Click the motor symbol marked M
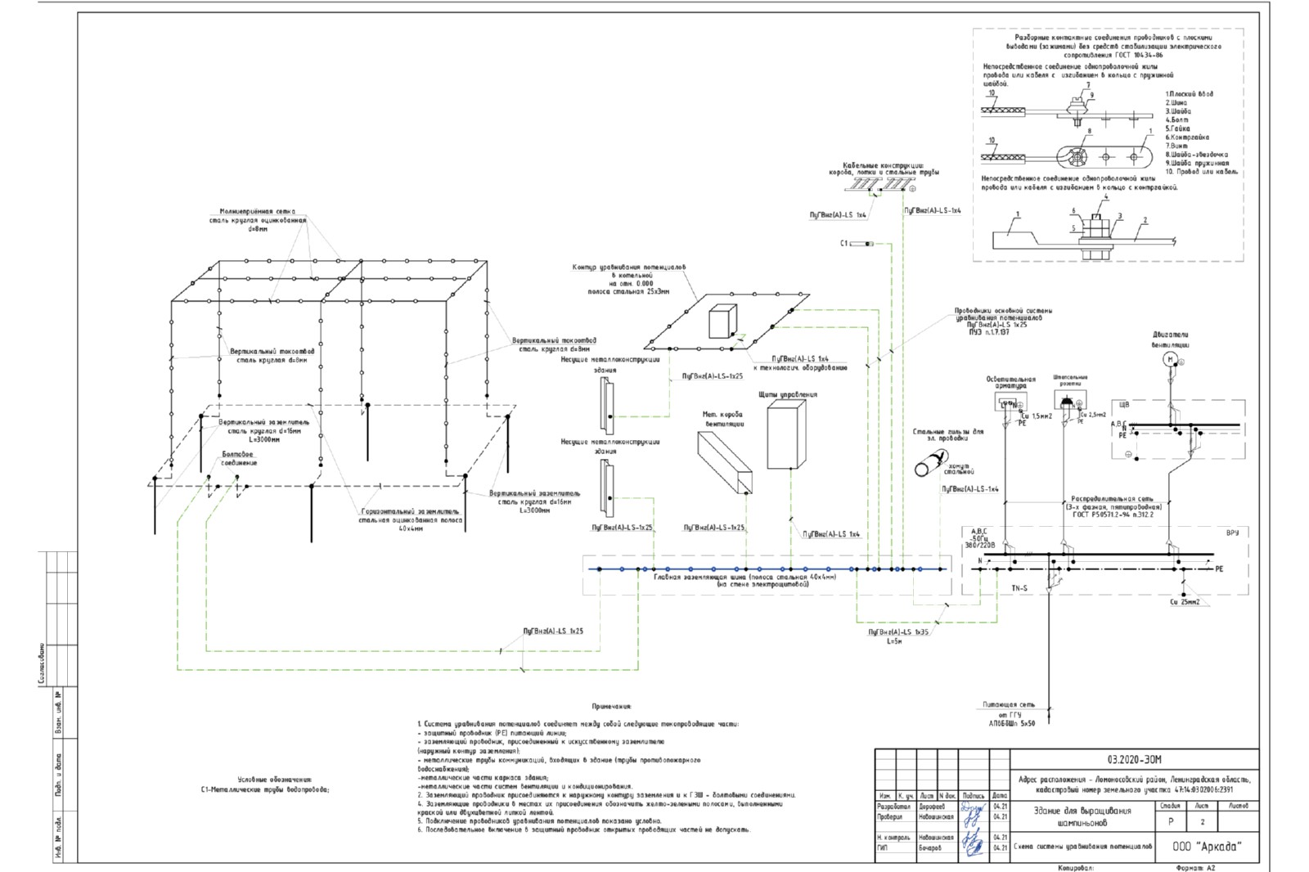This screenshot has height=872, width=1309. [1170, 360]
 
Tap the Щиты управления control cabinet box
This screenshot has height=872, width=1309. [786, 437]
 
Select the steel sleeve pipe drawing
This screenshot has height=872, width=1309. [933, 463]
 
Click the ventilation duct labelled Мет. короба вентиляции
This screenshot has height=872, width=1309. [724, 464]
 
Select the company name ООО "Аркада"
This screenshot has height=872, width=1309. [1206, 847]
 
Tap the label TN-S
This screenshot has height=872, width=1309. [1019, 589]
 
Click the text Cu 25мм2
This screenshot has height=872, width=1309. [1184, 602]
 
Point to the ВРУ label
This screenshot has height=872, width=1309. [1232, 533]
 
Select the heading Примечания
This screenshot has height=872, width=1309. [612, 706]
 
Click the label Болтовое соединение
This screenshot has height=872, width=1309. [239, 459]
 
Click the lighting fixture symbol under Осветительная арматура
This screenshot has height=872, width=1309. [1008, 402]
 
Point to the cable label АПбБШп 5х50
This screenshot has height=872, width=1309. [1011, 723]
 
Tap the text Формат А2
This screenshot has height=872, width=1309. [1198, 868]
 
